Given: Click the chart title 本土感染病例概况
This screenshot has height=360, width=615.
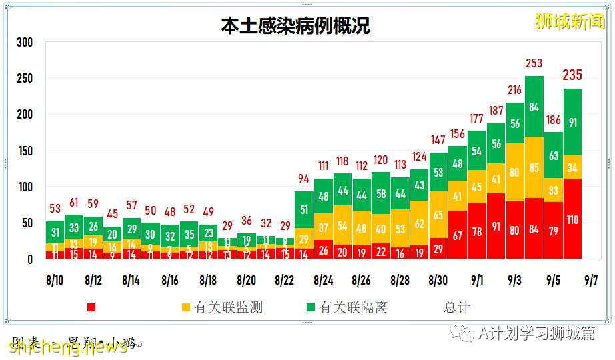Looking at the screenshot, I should pos(295,26).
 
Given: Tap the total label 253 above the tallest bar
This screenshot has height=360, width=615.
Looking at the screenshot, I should pos(534,64).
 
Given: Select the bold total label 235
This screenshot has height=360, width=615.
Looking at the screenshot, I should pos(572,75).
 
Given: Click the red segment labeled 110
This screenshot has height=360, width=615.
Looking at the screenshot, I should pos(572,219).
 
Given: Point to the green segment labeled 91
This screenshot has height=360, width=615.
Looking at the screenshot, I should pos(572,122).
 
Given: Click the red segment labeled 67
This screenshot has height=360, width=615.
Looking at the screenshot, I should pos(458,235).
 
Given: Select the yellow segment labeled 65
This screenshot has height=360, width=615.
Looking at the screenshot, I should pos(438,215).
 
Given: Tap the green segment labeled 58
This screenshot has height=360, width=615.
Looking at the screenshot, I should pos(381,193).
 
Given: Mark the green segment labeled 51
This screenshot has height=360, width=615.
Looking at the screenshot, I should pos(304,210).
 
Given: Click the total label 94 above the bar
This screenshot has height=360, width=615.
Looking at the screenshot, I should pos(304,179).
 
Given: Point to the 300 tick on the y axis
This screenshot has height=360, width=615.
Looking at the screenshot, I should pos(25,43).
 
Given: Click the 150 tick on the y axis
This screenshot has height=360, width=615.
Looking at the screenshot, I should pos(25,151).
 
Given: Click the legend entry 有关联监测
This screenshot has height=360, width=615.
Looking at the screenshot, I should pos(228,307).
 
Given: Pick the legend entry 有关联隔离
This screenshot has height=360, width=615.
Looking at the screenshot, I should pos(354,307).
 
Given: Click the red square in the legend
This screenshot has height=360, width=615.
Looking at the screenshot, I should pos(91,307).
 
